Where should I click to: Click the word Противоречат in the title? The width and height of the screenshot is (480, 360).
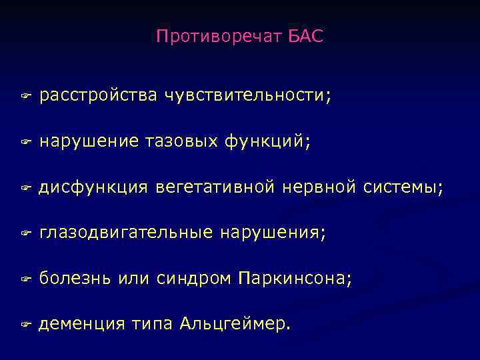(221, 37)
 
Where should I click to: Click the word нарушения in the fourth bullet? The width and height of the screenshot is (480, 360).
(273, 233)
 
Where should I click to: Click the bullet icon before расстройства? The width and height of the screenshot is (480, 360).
(24, 97)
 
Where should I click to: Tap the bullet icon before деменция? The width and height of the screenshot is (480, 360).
(24, 325)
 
